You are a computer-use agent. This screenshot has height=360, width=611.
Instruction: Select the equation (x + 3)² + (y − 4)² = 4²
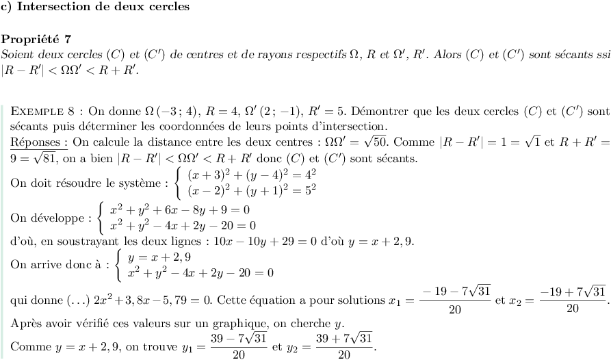[252, 175]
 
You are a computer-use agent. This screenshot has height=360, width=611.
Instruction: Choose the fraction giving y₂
[345, 346]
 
